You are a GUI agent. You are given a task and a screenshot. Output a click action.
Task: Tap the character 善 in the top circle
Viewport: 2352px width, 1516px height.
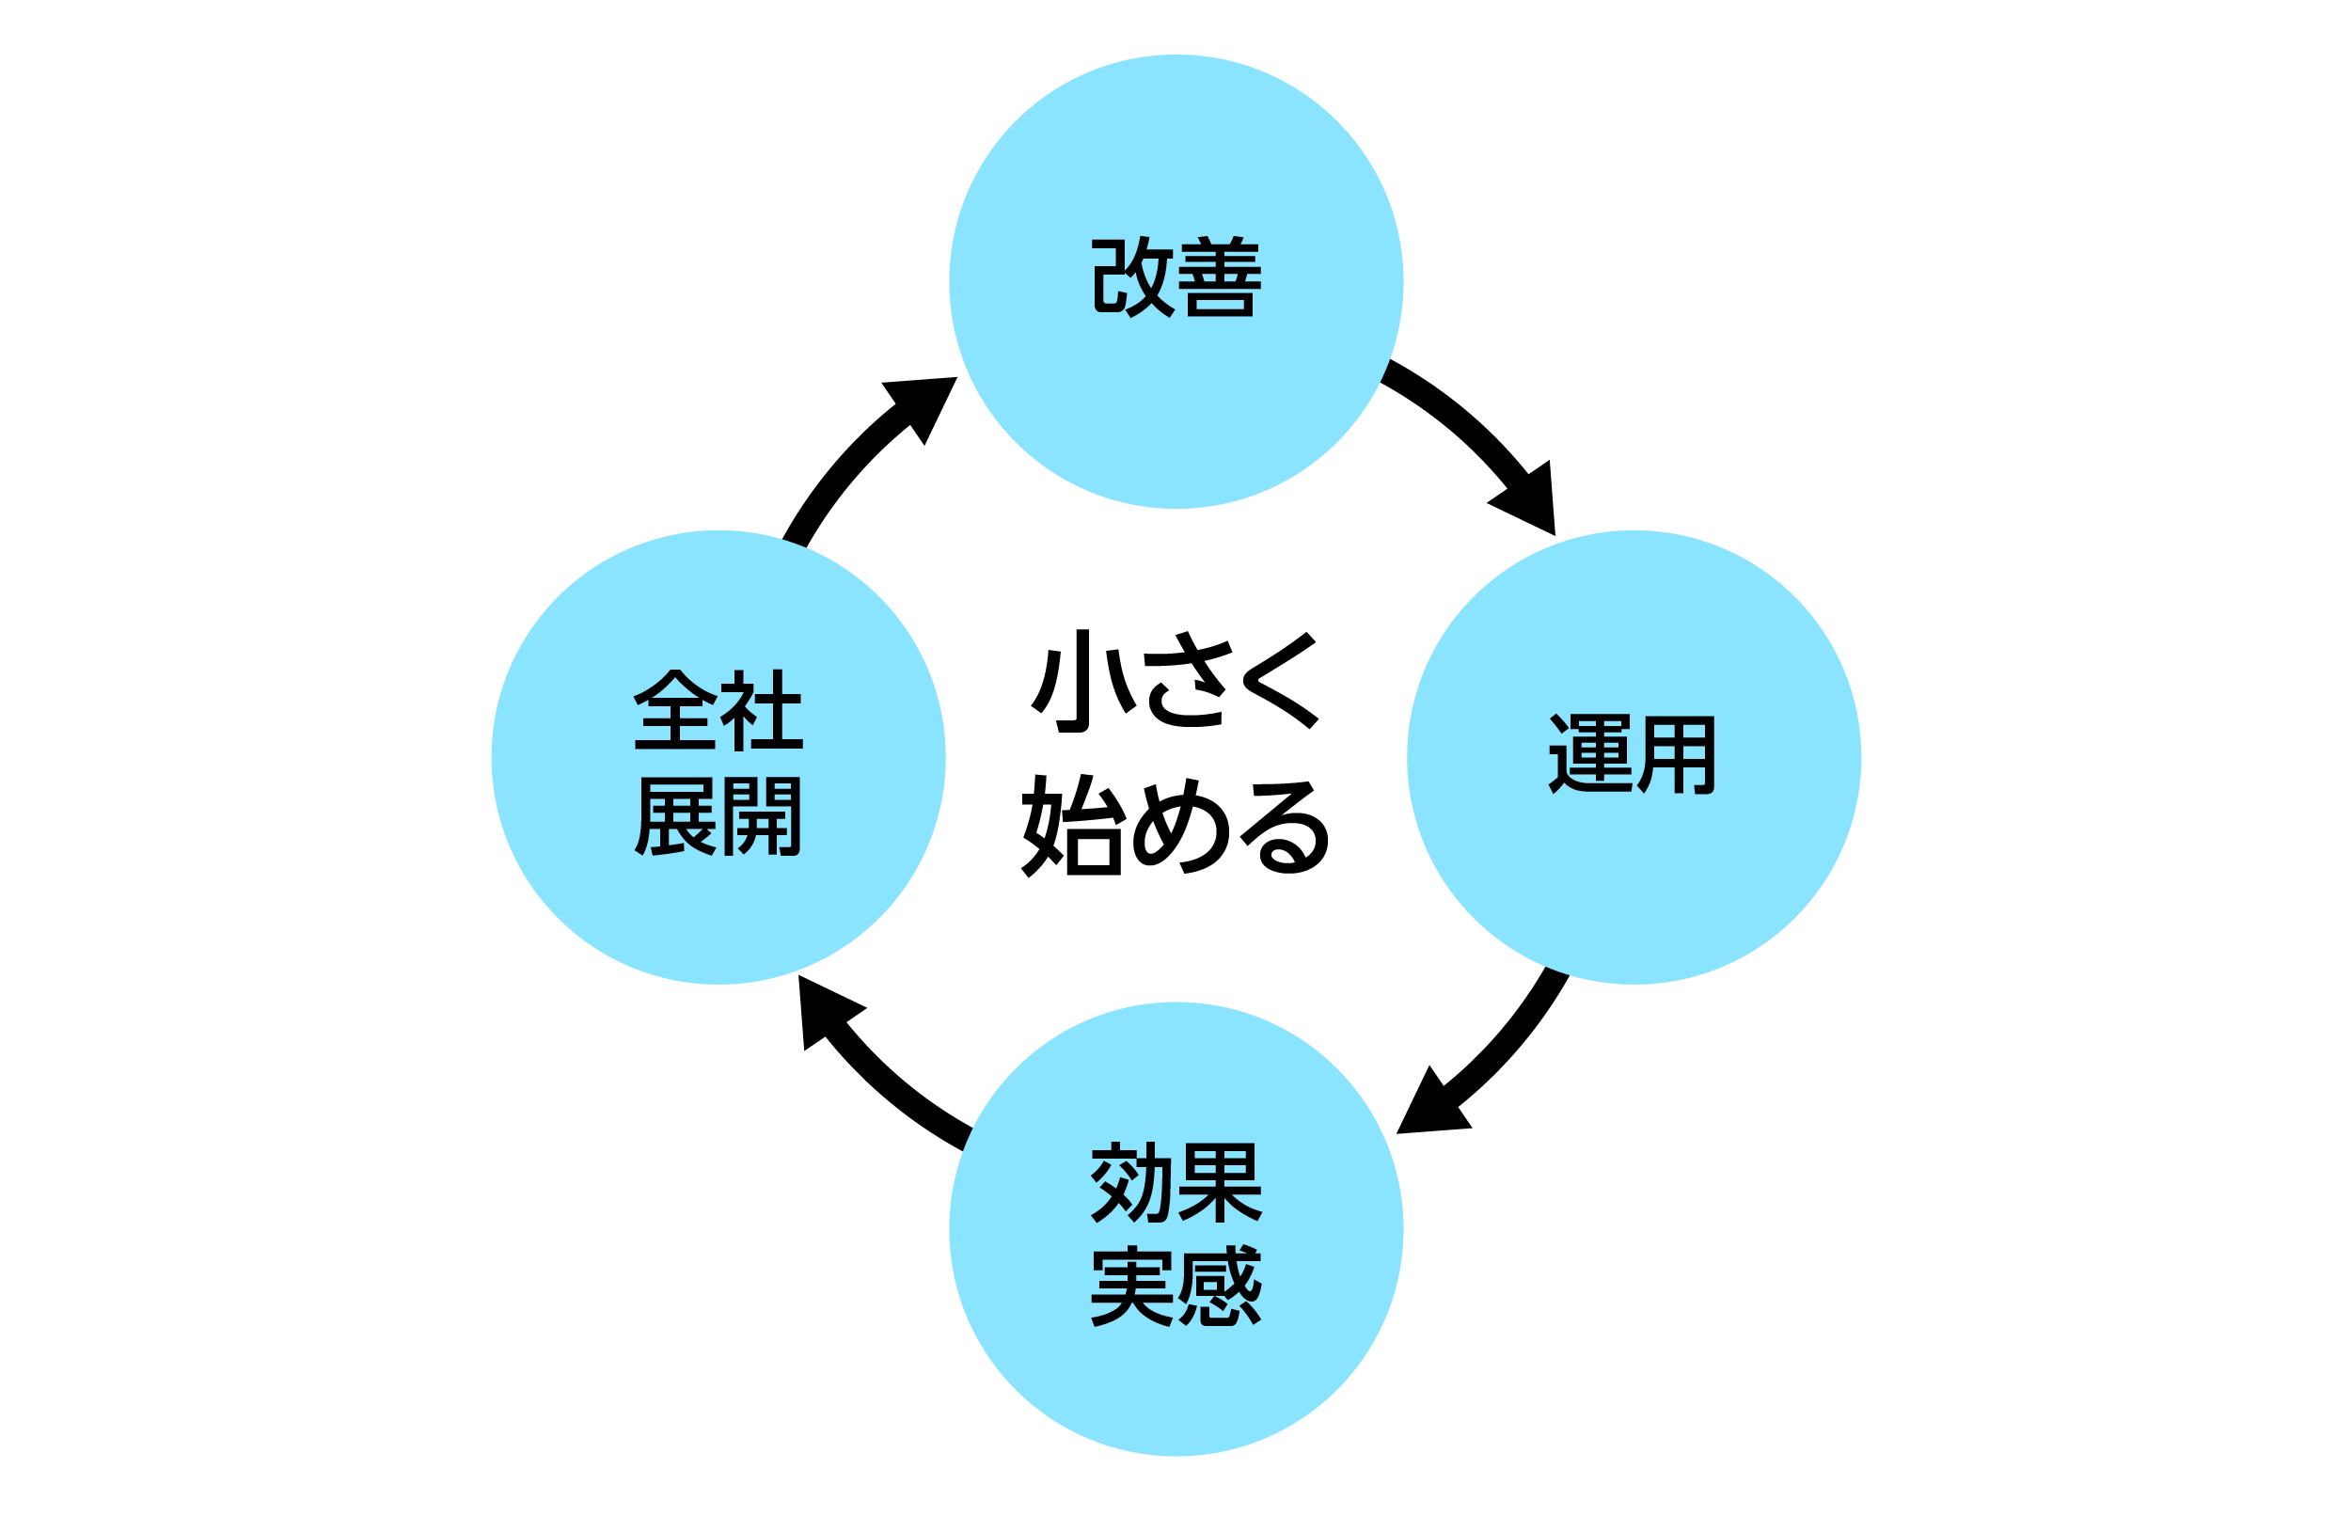1220,276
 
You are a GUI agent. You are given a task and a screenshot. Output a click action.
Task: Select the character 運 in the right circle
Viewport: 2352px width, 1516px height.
1588,753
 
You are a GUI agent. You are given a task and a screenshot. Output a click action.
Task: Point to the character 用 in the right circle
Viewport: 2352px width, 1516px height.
1677,753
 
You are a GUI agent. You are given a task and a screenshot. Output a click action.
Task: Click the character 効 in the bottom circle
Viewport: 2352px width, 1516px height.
1130,1182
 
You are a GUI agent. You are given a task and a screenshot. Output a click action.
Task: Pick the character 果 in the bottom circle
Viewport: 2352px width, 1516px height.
1220,1182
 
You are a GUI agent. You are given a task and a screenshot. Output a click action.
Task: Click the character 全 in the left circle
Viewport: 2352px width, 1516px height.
675,710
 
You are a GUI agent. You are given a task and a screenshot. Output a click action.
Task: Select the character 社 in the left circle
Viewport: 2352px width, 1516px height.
762,710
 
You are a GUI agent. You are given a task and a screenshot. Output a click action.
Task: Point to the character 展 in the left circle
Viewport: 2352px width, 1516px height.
675,816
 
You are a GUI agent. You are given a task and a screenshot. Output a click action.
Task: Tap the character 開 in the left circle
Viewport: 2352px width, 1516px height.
762,816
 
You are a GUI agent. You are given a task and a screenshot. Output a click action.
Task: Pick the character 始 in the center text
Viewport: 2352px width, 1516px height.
1072,825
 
